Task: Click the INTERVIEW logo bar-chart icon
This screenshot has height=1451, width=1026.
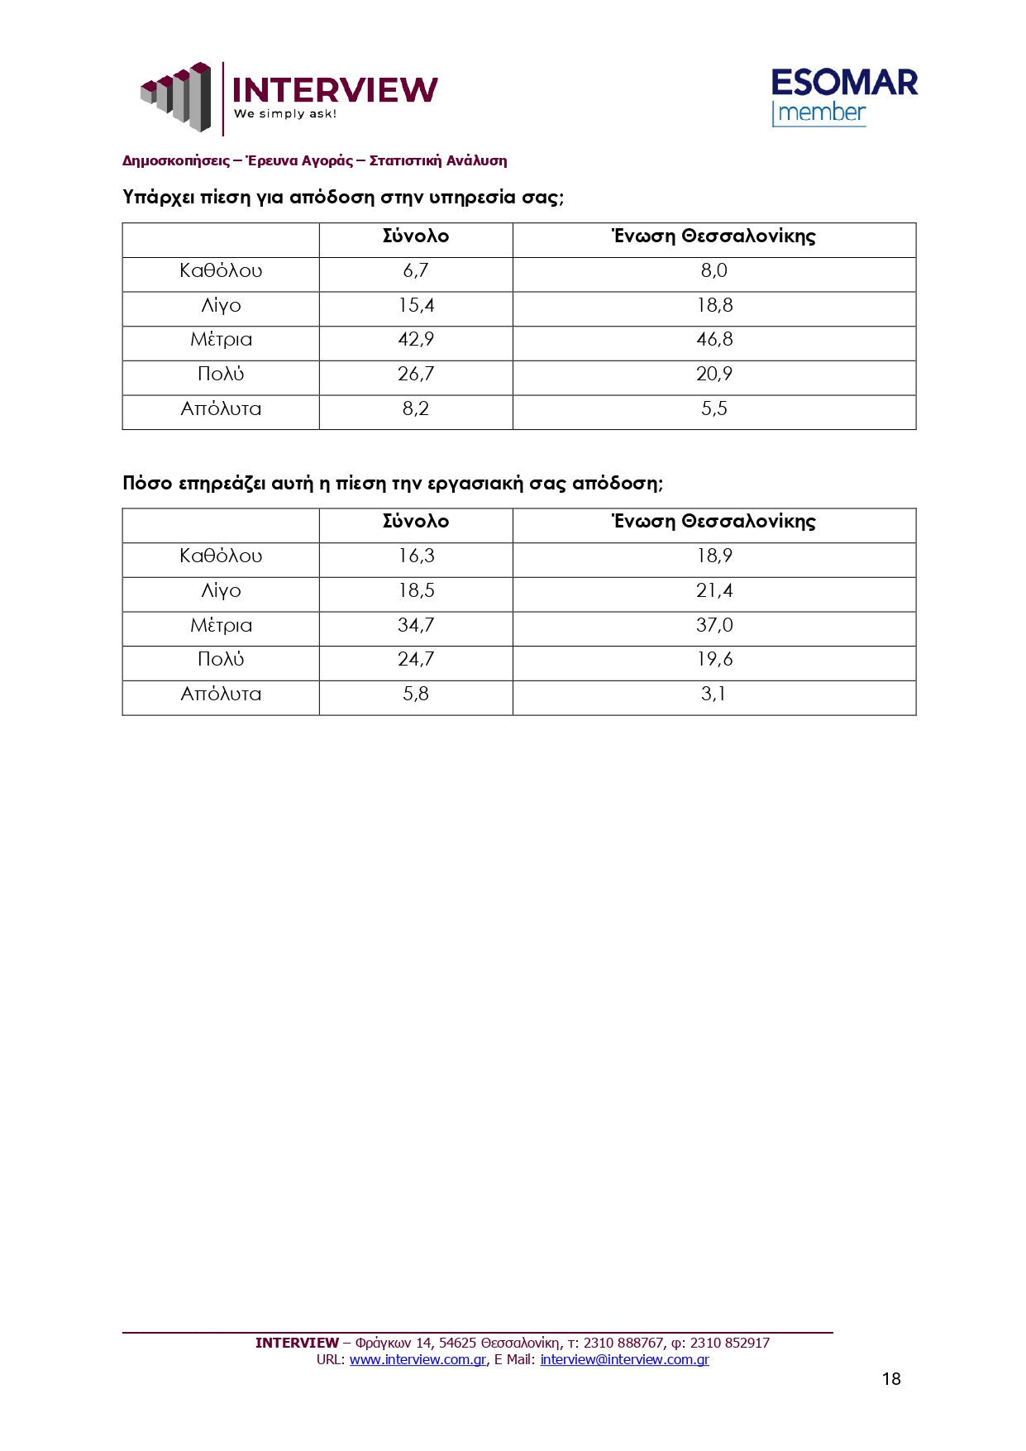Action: tap(175, 96)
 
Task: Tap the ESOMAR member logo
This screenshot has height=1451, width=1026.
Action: tap(843, 97)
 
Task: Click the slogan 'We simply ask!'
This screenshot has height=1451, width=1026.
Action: tap(285, 114)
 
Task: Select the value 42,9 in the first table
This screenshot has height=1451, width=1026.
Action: tap(416, 340)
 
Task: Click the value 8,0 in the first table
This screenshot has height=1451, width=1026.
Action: tap(714, 271)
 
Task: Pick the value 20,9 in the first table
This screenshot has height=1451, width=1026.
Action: tap(714, 375)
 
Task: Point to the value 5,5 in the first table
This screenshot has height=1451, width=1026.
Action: tap(714, 409)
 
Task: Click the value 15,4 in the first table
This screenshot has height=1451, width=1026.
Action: tap(416, 306)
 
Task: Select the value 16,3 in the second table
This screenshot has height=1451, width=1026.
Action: tap(416, 556)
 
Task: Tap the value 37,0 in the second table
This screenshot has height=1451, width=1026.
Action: tap(714, 626)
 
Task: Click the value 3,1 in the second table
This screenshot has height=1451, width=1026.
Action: tap(714, 694)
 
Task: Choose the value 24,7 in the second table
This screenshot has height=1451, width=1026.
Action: tap(416, 660)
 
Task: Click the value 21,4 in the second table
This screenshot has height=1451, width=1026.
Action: tap(714, 591)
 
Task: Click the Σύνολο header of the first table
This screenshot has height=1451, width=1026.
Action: tap(416, 236)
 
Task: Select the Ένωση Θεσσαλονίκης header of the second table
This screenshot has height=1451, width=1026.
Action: tap(714, 522)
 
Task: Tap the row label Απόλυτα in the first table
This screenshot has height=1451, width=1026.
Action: tap(221, 409)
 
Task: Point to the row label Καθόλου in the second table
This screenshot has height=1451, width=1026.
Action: tap(221, 556)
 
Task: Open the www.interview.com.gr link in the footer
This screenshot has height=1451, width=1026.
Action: tap(418, 1360)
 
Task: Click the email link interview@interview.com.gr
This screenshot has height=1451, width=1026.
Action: tap(624, 1360)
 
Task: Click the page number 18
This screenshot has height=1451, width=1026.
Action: tap(891, 1379)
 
